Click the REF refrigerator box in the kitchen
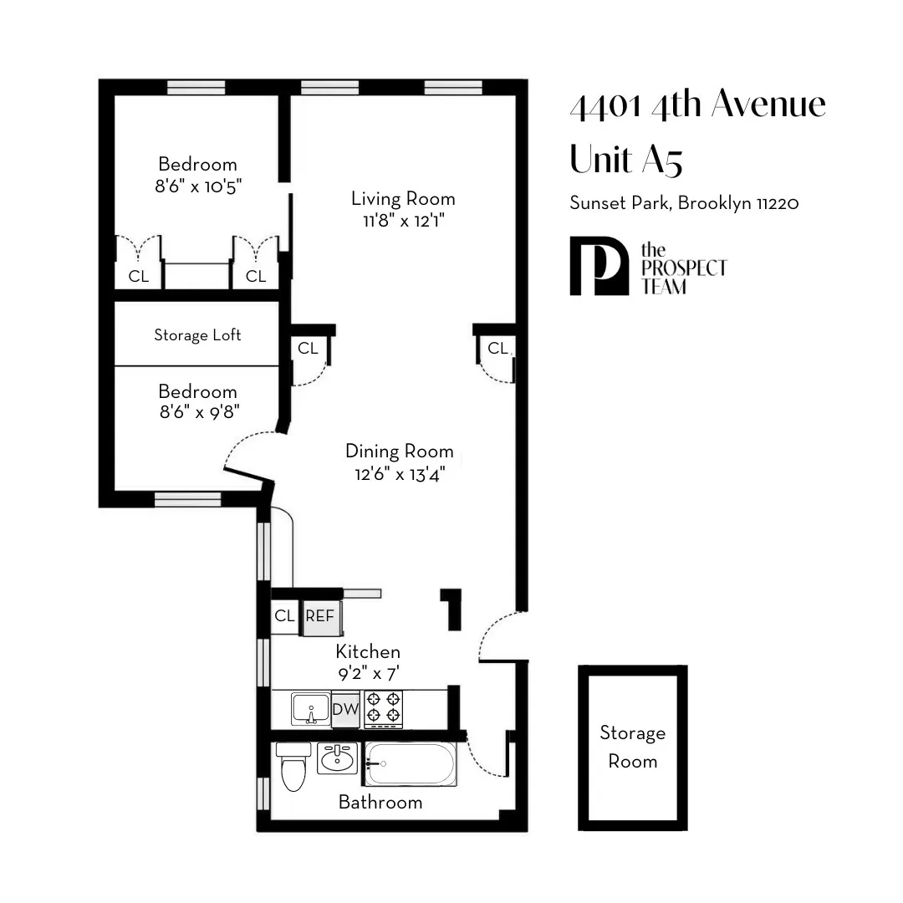click(319, 616)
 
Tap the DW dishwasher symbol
click(345, 709)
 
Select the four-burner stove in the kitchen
click(383, 708)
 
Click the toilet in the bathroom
click(293, 766)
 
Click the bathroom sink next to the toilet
click(338, 758)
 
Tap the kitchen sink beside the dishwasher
click(311, 709)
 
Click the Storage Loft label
click(197, 334)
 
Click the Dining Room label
click(399, 451)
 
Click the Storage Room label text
click(632, 747)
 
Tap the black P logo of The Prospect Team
click(597, 266)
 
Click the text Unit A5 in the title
click(625, 159)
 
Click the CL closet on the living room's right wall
click(497, 348)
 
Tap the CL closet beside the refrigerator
click(285, 616)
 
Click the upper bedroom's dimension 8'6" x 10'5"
click(198, 186)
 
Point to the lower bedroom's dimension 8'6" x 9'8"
click(198, 414)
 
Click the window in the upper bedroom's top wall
click(196, 87)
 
